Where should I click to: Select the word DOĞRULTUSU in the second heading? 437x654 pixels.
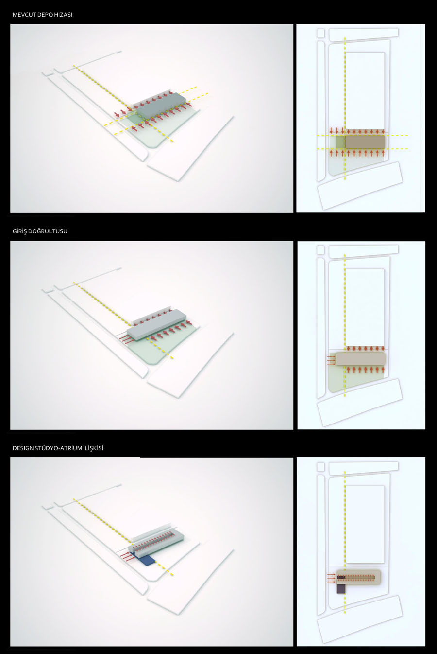coord(48,231)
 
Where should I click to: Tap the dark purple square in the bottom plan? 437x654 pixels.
coord(340,589)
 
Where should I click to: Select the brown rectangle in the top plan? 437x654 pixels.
coord(365,142)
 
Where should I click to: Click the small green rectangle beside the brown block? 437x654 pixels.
coord(340,142)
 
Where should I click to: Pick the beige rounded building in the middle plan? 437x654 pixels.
coord(361,359)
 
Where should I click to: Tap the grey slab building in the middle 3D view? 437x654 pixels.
coord(156,325)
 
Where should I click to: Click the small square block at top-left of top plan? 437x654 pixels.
coord(320,33)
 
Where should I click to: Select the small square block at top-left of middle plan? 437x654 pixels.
coord(320,250)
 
